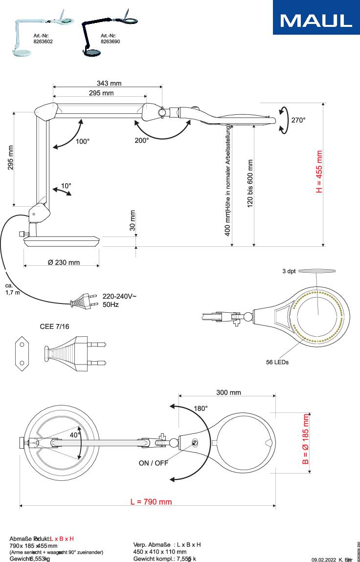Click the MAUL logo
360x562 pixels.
point(316,20)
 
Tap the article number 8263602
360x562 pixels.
point(43,42)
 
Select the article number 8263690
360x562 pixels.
point(110,42)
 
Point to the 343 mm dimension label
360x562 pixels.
point(109,84)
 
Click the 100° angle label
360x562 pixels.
point(83,142)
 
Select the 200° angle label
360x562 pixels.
point(142,141)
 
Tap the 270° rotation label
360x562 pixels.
point(298,120)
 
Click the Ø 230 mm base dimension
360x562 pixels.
point(64,262)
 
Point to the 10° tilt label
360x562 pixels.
point(66,186)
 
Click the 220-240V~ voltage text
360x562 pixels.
point(119,296)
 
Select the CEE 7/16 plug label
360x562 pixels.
point(54,326)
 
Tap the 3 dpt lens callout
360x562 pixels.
point(289,271)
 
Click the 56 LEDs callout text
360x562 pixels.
point(277,362)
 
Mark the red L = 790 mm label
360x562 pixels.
point(151,502)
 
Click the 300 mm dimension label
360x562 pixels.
point(228,392)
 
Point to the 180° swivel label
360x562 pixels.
point(201,408)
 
